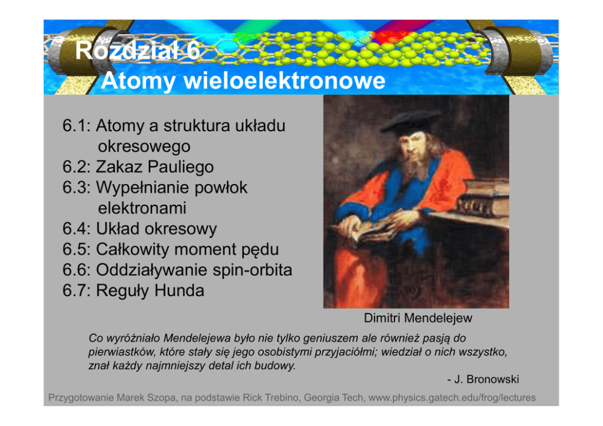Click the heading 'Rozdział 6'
pos(137,50)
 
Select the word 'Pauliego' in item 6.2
pos(181,167)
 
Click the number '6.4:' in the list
pos(77,228)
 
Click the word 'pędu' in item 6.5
pos(260,250)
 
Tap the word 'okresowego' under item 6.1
pos(144,146)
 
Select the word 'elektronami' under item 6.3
pos(142,208)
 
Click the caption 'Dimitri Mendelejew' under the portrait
pos(418,318)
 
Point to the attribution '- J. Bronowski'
pos(483,379)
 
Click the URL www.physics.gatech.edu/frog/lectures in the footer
pos(452,397)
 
